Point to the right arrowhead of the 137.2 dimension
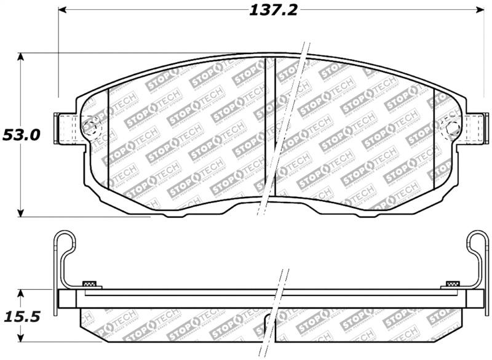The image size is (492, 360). (481, 10)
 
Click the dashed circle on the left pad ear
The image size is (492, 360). (90, 127)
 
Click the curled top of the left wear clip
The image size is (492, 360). (63, 241)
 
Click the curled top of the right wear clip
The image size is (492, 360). (477, 241)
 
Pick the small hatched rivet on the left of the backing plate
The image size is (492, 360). (90, 284)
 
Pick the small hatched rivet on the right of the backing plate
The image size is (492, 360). (453, 284)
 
